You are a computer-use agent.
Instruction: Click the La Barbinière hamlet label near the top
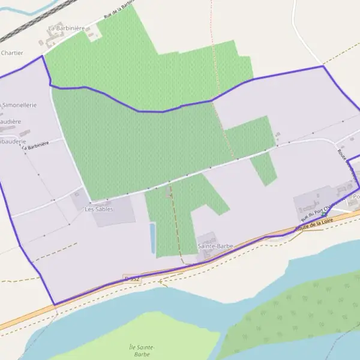(x=64, y=28)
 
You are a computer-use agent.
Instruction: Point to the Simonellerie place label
(x=19, y=105)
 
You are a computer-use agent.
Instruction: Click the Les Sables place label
(x=98, y=209)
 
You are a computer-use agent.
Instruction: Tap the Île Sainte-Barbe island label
(x=142, y=350)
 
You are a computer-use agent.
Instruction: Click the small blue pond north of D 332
(x=152, y=238)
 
